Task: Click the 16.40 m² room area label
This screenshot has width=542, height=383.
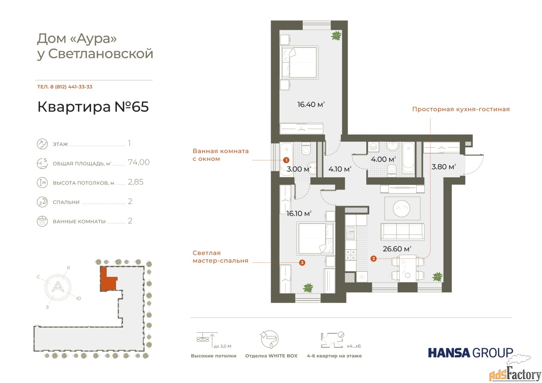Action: point(311,105)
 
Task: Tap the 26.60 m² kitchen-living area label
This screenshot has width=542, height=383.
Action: point(397,249)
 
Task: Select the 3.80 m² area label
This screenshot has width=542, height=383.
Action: point(443,167)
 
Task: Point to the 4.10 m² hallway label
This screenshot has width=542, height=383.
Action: point(340,169)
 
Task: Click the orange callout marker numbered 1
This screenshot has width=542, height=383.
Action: point(286,160)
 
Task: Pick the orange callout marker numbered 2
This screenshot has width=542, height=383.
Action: point(373,259)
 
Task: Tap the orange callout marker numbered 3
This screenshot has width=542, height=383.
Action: point(302,262)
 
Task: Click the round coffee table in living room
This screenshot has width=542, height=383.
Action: point(402,208)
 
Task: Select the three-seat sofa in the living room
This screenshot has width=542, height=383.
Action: point(402,231)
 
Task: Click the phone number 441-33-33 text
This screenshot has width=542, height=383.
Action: point(80,87)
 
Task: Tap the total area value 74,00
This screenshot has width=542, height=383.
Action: point(138,162)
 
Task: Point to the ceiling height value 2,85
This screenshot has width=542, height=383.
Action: point(135,182)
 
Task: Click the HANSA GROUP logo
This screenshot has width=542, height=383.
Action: point(470,353)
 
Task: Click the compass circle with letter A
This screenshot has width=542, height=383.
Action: point(58,287)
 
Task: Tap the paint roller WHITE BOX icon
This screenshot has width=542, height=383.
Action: point(270,339)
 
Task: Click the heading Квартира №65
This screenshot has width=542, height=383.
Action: point(93,107)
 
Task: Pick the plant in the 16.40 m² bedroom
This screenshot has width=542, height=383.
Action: point(336,36)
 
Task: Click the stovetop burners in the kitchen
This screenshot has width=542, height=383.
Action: point(350,255)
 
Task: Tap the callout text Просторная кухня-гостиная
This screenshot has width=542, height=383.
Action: point(461,109)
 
